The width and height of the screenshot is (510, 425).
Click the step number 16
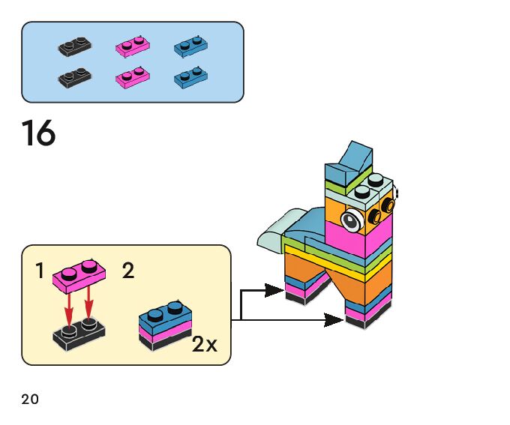(38, 134)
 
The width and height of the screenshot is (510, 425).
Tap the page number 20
(30, 399)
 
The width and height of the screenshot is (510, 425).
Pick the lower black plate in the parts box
(75, 76)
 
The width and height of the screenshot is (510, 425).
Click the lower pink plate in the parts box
(133, 76)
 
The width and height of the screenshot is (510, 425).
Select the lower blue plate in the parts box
(190, 76)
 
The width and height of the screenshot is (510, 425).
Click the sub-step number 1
(40, 271)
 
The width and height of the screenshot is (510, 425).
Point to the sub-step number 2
(128, 271)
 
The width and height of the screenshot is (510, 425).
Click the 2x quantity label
(204, 345)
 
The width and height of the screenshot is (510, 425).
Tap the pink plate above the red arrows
(79, 277)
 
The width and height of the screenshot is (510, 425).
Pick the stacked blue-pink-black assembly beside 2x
(165, 327)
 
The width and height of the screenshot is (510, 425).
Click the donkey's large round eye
(350, 220)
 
